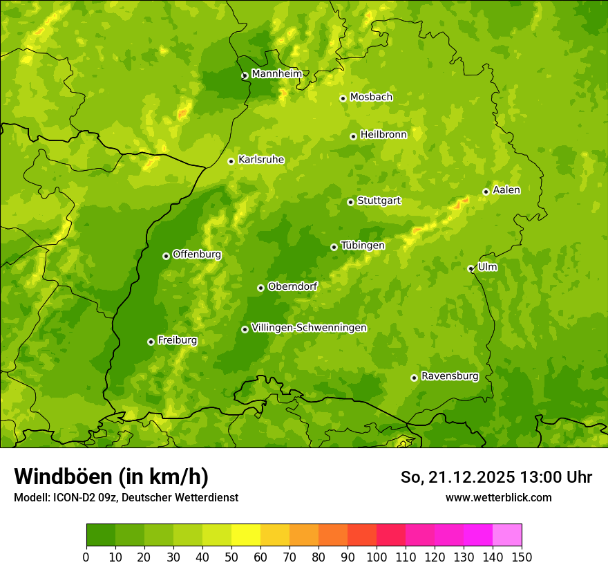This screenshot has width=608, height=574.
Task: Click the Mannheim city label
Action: pyautogui.click(x=276, y=74)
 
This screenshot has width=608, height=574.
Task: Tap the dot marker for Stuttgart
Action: pyautogui.click(x=350, y=202)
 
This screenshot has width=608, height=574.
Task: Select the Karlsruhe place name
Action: pyautogui.click(x=260, y=160)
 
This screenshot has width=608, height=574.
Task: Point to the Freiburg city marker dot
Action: pyautogui.click(x=151, y=342)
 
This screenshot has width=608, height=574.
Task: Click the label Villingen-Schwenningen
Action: pyautogui.click(x=309, y=328)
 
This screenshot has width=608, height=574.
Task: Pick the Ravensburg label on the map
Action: pyautogui.click(x=449, y=376)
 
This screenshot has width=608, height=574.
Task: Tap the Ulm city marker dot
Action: pyautogui.click(x=471, y=268)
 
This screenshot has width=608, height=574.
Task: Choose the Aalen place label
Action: pyautogui.click(x=506, y=190)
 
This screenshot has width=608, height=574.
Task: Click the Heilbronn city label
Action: pyautogui.click(x=383, y=135)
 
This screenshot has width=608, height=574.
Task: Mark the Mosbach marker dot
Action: pyautogui.click(x=343, y=98)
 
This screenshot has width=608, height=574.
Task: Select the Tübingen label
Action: pyautogui.click(x=363, y=246)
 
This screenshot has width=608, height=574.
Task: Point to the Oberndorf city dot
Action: pyautogui.click(x=260, y=288)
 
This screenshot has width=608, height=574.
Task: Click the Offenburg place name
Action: pyautogui.click(x=197, y=254)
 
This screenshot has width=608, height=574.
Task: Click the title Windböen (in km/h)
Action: pyautogui.click(x=111, y=476)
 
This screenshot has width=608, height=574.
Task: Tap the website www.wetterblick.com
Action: pyautogui.click(x=498, y=497)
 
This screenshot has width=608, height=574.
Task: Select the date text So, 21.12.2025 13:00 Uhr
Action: pyautogui.click(x=496, y=477)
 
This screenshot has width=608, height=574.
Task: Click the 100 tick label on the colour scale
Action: pyautogui.click(x=377, y=557)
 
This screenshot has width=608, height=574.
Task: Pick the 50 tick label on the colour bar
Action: pyautogui.click(x=231, y=557)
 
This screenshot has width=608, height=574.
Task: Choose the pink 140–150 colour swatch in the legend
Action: pyautogui.click(x=507, y=535)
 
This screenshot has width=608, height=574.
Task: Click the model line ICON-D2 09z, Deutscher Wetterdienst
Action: pyautogui.click(x=126, y=497)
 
